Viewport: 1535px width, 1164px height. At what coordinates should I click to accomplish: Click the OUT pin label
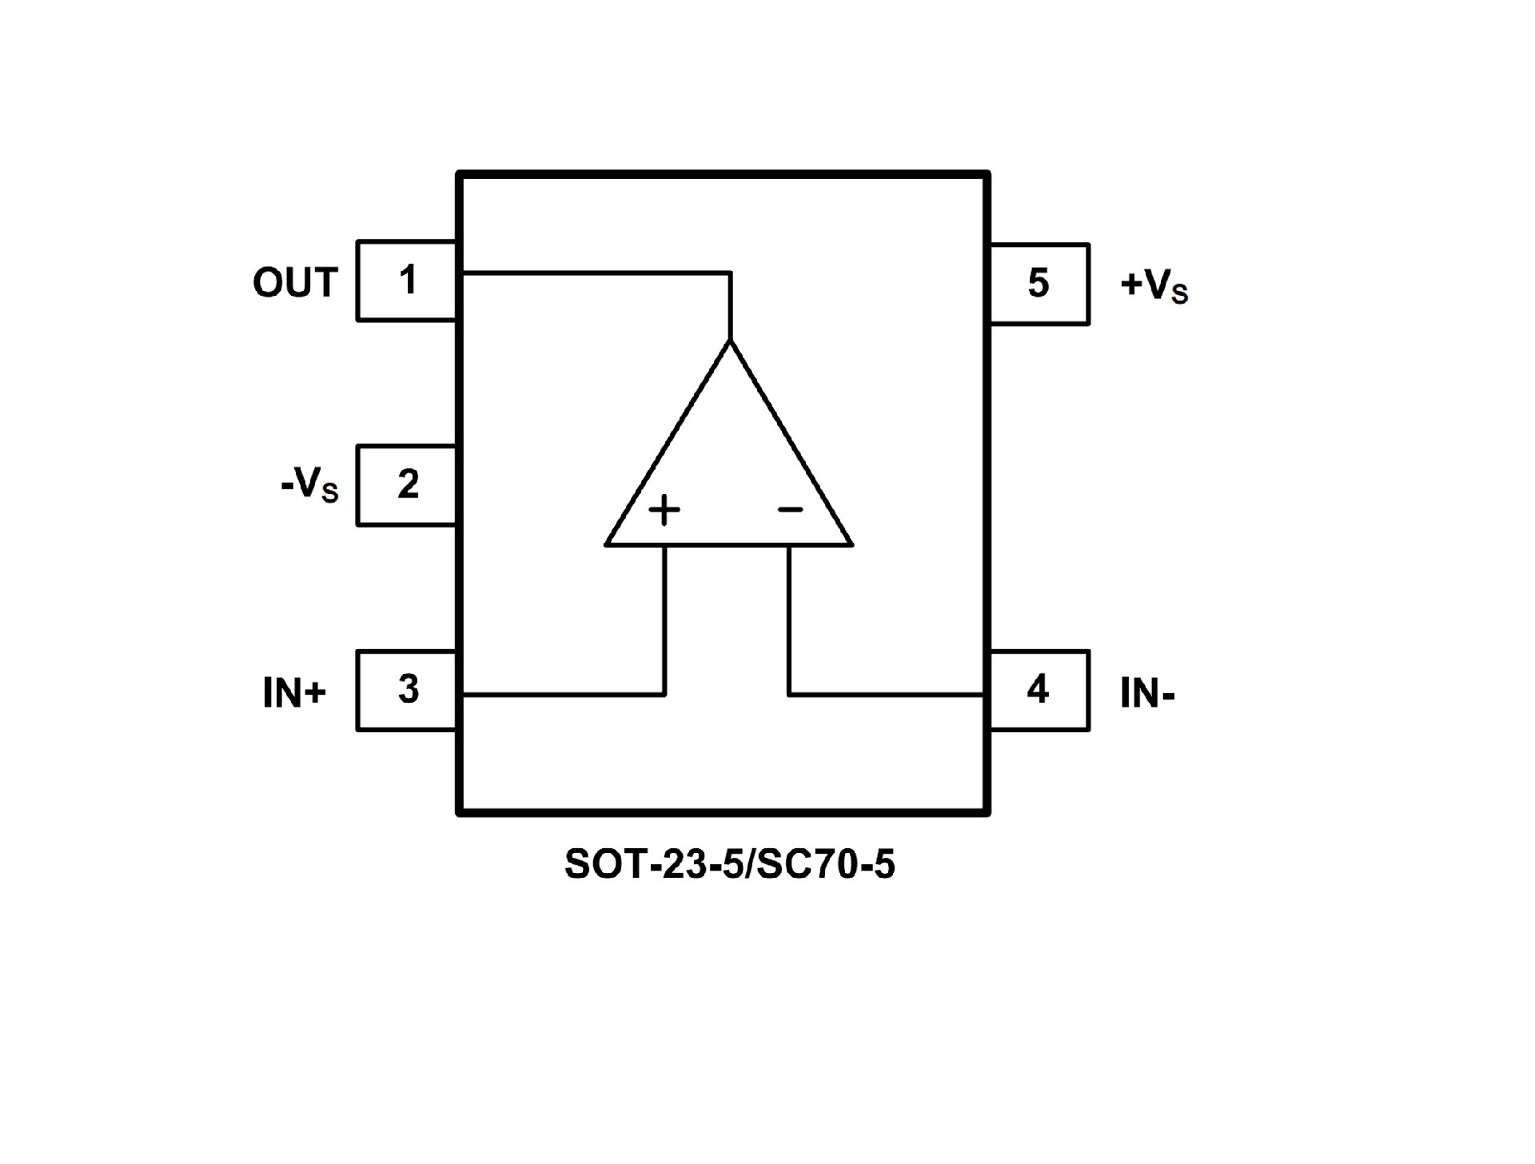point(295,283)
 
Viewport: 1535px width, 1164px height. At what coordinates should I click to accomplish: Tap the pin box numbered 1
point(406,281)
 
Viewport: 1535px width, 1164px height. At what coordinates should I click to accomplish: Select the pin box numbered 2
point(406,485)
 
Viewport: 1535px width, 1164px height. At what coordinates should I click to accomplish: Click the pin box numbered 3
point(406,690)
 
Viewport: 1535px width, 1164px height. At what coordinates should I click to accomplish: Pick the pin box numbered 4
point(1039,690)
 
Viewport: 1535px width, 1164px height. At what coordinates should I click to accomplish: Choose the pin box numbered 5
point(1039,284)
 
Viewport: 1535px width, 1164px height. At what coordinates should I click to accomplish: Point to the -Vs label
point(310,484)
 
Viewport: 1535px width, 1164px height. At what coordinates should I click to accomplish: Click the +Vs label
point(1154,285)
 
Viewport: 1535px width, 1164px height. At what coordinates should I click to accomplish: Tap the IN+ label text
point(294,692)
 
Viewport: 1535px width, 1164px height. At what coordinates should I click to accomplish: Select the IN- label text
point(1147,693)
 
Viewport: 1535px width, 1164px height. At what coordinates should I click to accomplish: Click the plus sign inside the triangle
point(664,510)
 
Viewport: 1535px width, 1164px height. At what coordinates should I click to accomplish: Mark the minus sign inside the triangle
point(790,509)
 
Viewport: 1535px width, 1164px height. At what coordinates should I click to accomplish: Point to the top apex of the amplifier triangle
point(730,342)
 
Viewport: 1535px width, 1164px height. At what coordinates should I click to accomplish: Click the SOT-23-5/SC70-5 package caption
point(729,864)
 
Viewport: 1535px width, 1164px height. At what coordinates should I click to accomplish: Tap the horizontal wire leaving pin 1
point(596,273)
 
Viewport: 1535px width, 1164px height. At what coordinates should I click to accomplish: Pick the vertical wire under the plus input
point(664,620)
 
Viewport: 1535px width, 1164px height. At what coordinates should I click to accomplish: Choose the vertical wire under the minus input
point(789,620)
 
